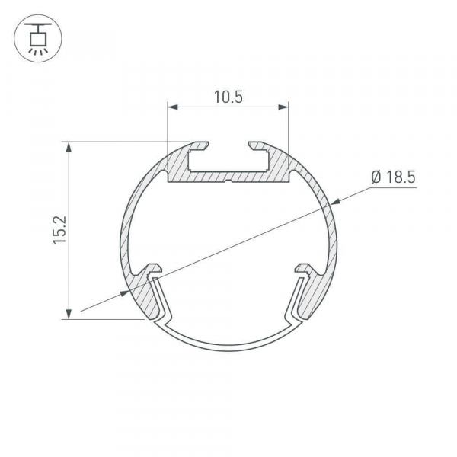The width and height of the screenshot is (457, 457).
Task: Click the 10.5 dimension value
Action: (x=228, y=97)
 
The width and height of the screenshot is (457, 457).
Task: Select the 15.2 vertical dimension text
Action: (x=59, y=230)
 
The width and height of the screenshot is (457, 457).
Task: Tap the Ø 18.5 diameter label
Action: (x=394, y=177)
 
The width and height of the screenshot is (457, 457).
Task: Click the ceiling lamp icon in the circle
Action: (x=38, y=38)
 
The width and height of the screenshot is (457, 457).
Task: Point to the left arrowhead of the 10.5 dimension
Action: (x=173, y=107)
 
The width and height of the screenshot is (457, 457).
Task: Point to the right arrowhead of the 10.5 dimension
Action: (x=283, y=107)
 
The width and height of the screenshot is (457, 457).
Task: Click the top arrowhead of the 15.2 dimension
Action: (x=69, y=147)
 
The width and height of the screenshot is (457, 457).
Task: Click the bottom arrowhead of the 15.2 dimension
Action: (x=69, y=314)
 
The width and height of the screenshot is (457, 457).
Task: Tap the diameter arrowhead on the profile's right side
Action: (x=336, y=201)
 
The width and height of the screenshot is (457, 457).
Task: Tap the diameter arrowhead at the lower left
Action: (x=124, y=293)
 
